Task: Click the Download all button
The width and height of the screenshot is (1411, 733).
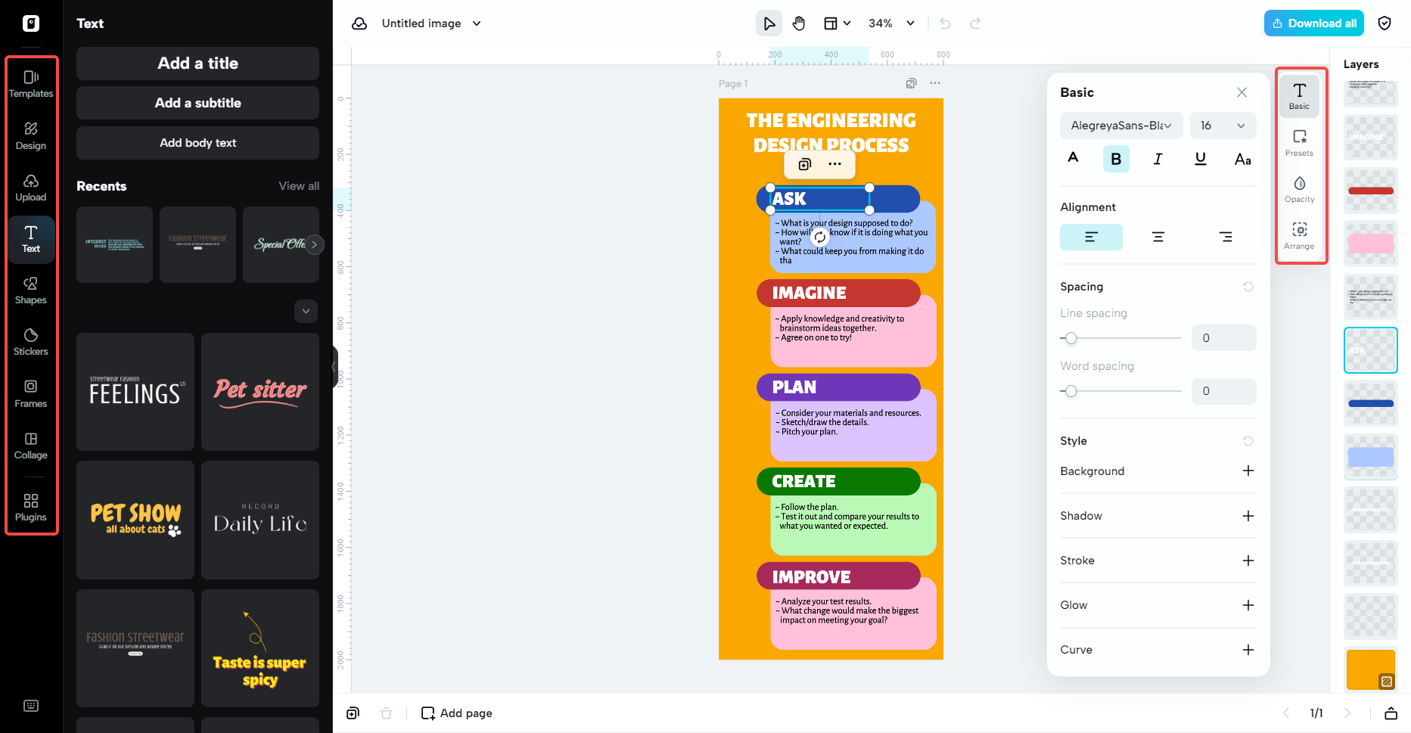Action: pyautogui.click(x=1313, y=23)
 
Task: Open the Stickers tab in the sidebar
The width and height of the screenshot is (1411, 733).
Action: pyautogui.click(x=31, y=342)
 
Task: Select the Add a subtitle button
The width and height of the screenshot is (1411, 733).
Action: pyautogui.click(x=197, y=103)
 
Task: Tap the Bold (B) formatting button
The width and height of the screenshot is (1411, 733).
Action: pyautogui.click(x=1115, y=159)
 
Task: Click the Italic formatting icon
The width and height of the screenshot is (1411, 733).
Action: pyautogui.click(x=1158, y=159)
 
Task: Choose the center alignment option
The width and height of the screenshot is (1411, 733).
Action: pyautogui.click(x=1158, y=237)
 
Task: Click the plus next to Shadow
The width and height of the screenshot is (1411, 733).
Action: pyautogui.click(x=1248, y=516)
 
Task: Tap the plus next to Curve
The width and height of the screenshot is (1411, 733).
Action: pyautogui.click(x=1248, y=650)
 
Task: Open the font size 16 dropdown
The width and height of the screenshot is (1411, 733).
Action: pyautogui.click(x=1222, y=126)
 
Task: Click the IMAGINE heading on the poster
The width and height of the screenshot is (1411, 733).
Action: pyautogui.click(x=809, y=293)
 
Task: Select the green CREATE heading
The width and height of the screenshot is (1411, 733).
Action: pyautogui.click(x=803, y=481)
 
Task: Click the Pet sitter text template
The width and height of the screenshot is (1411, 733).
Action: pyautogui.click(x=260, y=391)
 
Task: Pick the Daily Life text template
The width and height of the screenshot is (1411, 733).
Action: pyautogui.click(x=260, y=520)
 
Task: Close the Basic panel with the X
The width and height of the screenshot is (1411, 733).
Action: pyautogui.click(x=1242, y=92)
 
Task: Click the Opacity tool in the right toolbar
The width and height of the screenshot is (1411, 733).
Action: pyautogui.click(x=1299, y=189)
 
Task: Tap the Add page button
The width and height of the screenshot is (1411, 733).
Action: pyautogui.click(x=457, y=713)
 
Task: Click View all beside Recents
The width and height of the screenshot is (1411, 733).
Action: pyautogui.click(x=299, y=186)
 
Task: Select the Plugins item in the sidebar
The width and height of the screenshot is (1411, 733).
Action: pyautogui.click(x=31, y=508)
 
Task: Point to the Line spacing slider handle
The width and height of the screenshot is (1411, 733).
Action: pyautogui.click(x=1071, y=338)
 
